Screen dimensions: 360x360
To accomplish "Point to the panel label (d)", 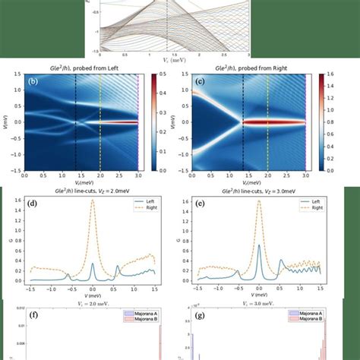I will pos(33,204).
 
